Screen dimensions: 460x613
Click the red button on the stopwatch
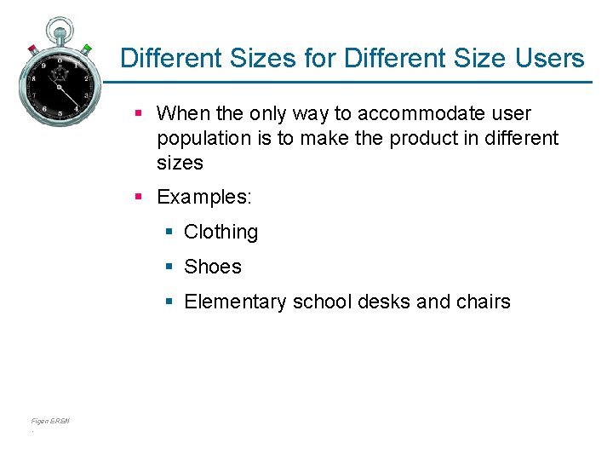[x=32, y=48]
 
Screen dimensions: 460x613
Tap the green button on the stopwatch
[x=87, y=47]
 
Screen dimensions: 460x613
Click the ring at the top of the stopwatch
[x=60, y=26]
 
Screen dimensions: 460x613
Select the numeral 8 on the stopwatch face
[x=33, y=78]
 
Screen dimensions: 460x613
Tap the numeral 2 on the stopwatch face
[x=86, y=78]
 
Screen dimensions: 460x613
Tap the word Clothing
[x=221, y=232]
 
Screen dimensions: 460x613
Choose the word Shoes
[x=213, y=267]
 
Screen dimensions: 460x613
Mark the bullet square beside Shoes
[x=169, y=267]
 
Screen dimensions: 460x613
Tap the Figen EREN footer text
[x=50, y=421]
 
